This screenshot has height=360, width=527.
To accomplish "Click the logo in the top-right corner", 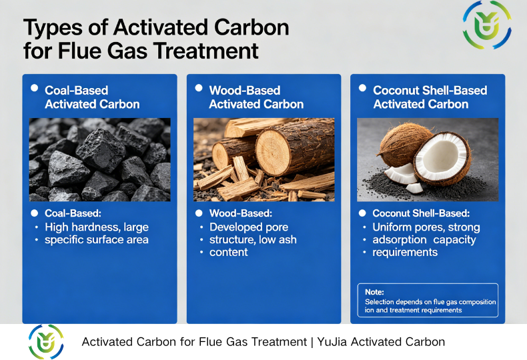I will [x=487, y=25].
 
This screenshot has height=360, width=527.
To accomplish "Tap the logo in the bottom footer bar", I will [x=46, y=342].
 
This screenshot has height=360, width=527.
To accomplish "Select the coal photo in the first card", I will [x=99, y=159].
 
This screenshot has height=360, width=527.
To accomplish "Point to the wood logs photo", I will [x=263, y=159].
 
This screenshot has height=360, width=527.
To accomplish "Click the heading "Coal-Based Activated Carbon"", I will [x=92, y=97].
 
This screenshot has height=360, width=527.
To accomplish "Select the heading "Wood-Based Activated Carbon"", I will [x=256, y=97].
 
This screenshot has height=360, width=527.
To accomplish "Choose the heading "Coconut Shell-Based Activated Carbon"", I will [x=430, y=97].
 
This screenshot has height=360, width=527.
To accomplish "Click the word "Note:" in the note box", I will [x=374, y=292].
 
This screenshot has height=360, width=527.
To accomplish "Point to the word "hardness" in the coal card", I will [x=99, y=227].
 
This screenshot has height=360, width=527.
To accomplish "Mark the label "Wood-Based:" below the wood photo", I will [x=241, y=214].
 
